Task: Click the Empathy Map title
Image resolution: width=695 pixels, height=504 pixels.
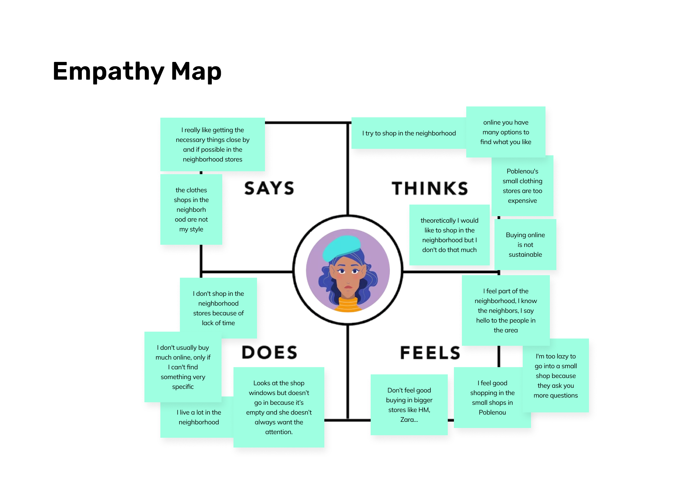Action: (x=137, y=71)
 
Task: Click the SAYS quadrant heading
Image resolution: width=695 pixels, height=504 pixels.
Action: (x=269, y=188)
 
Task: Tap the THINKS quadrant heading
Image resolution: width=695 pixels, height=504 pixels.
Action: (x=430, y=188)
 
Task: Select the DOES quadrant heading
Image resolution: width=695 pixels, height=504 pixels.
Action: (x=269, y=352)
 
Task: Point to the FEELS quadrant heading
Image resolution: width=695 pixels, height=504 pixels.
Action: (x=430, y=353)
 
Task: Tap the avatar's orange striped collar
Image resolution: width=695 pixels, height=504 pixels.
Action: (x=348, y=305)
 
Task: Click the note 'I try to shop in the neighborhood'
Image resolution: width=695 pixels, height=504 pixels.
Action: (x=409, y=133)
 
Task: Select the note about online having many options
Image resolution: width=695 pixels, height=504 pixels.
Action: (x=505, y=132)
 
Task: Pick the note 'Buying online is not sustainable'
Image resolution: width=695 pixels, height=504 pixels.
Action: (x=525, y=245)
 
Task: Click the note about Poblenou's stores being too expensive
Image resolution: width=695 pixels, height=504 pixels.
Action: (x=522, y=186)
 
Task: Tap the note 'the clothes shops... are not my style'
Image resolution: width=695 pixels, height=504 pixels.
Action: (x=191, y=210)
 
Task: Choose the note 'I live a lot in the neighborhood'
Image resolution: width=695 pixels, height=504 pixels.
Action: (x=198, y=417)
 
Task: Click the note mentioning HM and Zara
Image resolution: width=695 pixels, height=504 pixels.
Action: (x=409, y=405)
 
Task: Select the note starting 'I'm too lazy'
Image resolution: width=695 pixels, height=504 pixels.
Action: (x=555, y=376)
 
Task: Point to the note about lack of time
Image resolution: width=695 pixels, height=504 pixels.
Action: (x=218, y=308)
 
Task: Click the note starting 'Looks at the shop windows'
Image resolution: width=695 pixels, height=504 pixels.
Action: (x=279, y=407)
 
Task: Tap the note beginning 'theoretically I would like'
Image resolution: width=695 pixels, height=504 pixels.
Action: (x=449, y=235)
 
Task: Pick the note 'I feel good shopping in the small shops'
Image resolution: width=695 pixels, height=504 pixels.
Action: (x=492, y=398)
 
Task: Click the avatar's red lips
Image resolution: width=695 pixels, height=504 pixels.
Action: (x=348, y=287)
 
